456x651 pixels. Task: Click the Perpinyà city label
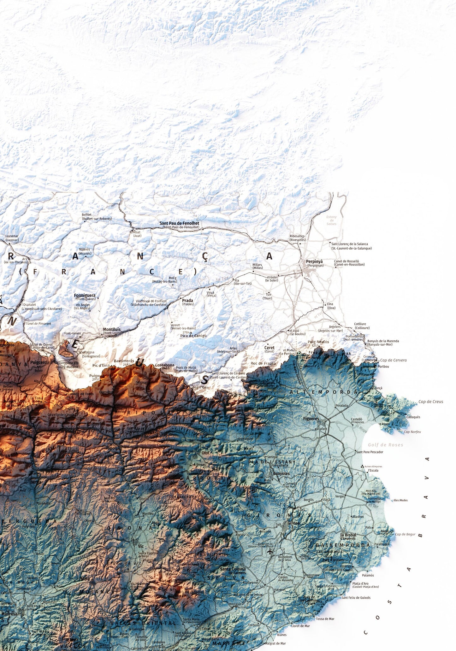(314, 261)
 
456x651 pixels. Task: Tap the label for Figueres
(311, 419)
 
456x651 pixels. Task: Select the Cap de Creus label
(430, 402)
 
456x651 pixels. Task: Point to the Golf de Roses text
(385, 445)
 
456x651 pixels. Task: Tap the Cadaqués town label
(413, 417)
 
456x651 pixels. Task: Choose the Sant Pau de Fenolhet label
(179, 223)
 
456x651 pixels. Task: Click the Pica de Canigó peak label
(193, 336)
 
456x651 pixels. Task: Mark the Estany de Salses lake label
(331, 220)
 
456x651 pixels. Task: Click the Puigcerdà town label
(40, 362)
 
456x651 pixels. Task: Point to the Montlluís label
(112, 329)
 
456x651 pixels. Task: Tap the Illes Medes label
(400, 500)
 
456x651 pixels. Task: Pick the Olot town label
(205, 453)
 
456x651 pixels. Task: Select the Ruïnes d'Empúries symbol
(362, 466)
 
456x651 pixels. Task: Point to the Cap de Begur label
(405, 534)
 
